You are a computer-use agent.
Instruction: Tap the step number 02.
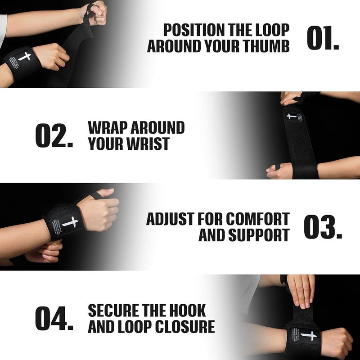[54, 135]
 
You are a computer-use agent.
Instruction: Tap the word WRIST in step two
[147, 144]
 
